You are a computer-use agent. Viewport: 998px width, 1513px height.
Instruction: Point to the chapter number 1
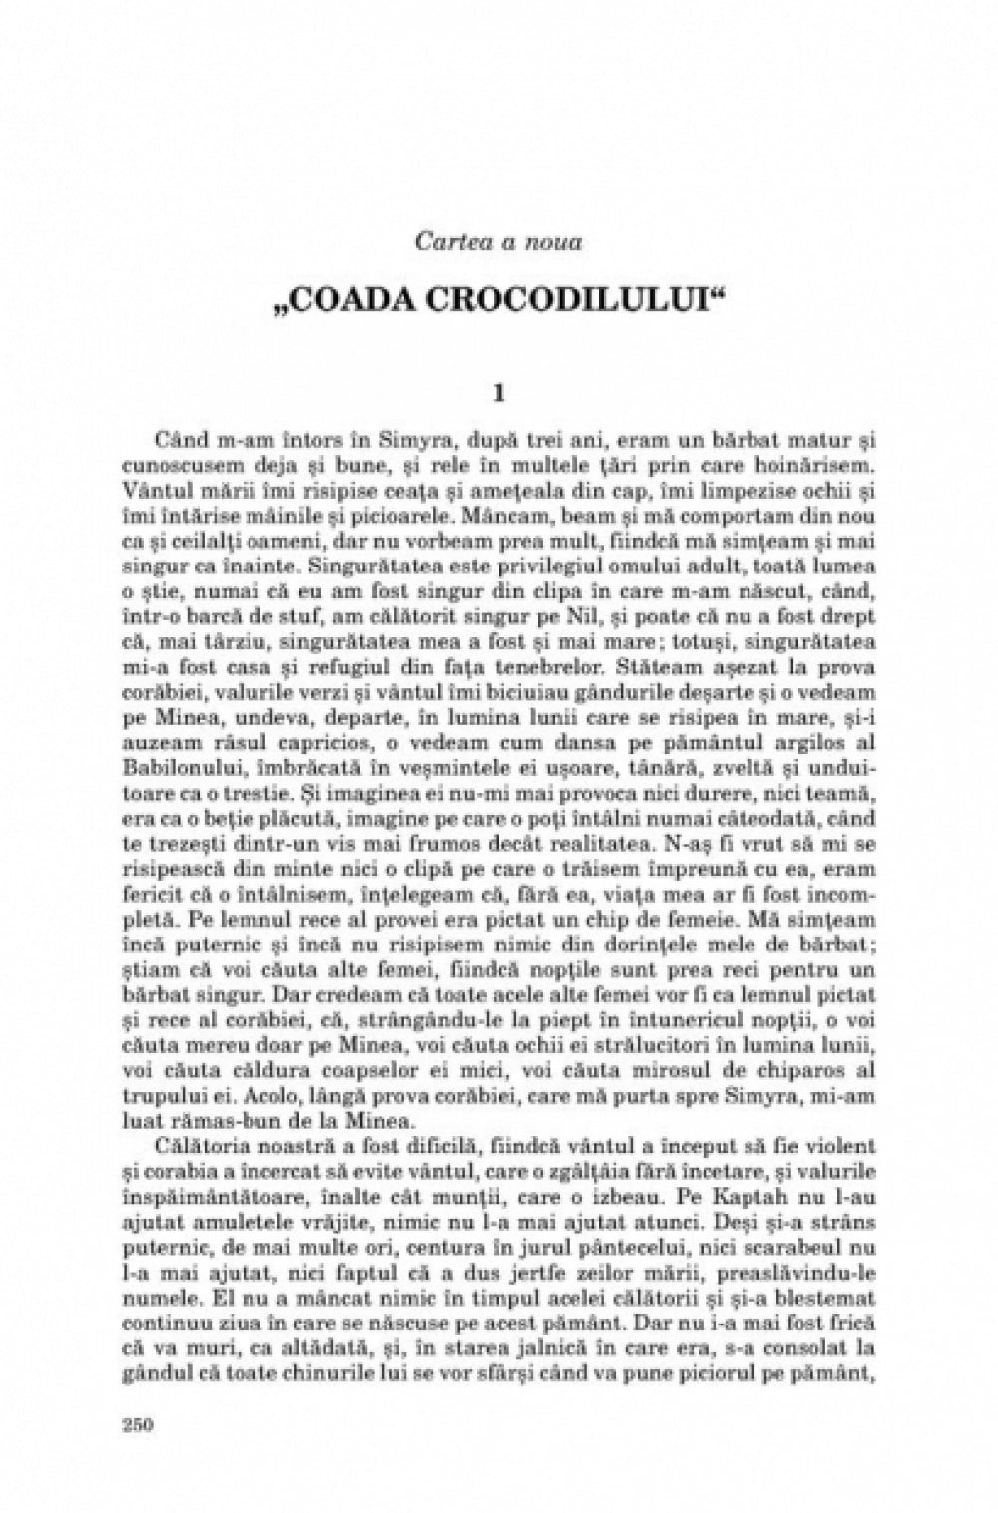(x=499, y=393)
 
